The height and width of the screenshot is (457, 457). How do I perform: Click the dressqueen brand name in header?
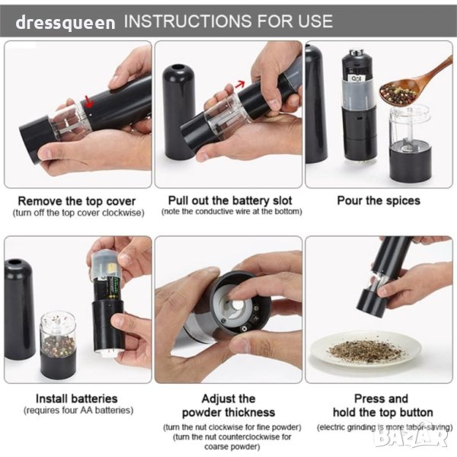coord(66,23)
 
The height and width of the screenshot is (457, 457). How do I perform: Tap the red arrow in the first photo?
coord(89,101)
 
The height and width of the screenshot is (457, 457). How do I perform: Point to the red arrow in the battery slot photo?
coord(240,85)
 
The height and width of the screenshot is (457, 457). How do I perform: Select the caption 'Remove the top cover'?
coord(77,201)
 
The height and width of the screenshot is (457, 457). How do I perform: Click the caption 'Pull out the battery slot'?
coord(230,200)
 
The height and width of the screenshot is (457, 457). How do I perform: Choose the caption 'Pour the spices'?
coord(379,200)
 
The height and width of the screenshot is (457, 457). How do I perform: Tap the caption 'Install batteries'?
coord(77,398)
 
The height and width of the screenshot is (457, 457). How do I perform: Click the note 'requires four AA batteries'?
coord(78,411)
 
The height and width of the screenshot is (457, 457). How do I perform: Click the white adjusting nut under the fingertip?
coord(235,308)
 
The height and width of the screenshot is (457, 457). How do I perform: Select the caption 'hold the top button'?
coord(382,412)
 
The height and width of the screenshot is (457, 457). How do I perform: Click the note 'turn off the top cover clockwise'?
coord(78,213)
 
